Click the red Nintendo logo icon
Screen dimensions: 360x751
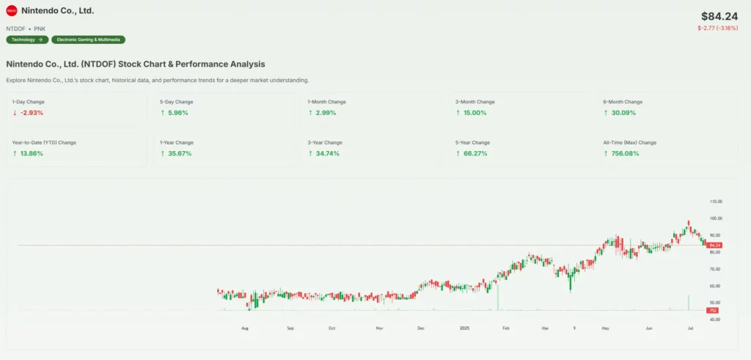point(11,11)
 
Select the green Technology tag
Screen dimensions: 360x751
point(27,40)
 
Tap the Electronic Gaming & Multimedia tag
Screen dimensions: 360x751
point(88,40)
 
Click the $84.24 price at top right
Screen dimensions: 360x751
point(719,16)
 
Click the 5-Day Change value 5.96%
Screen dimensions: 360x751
point(177,113)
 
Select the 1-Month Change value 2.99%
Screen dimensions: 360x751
point(325,113)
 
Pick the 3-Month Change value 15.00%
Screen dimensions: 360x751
point(474,113)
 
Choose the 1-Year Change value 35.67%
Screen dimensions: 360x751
point(179,153)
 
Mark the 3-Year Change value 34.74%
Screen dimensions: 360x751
point(327,153)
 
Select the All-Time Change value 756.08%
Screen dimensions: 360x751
point(623,153)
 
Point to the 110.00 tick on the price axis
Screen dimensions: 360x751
point(715,201)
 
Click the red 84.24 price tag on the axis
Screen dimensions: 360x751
point(714,245)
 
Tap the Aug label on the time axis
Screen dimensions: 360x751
point(245,329)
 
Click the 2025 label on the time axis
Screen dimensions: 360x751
point(464,329)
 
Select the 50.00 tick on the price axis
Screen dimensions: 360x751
point(714,303)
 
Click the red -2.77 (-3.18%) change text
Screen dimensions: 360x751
point(717,28)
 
